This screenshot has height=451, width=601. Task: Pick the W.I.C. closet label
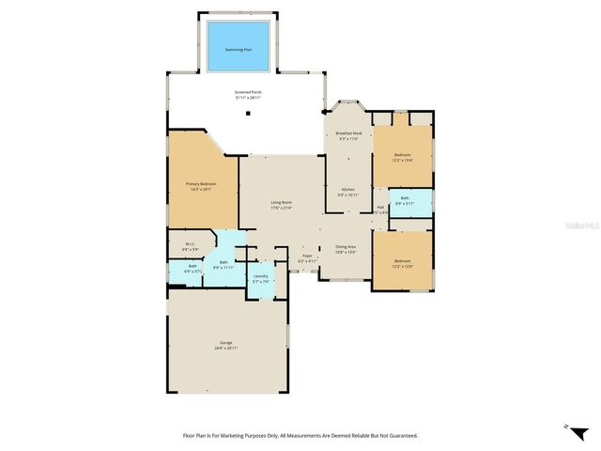pyautogui.click(x=190, y=245)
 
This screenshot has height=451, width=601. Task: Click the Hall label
pyautogui.click(x=380, y=208)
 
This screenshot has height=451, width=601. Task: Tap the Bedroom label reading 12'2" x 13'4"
pyautogui.click(x=403, y=156)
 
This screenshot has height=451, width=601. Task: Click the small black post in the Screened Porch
pyautogui.click(x=249, y=113)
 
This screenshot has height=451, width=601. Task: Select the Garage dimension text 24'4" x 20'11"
pyautogui.click(x=225, y=348)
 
